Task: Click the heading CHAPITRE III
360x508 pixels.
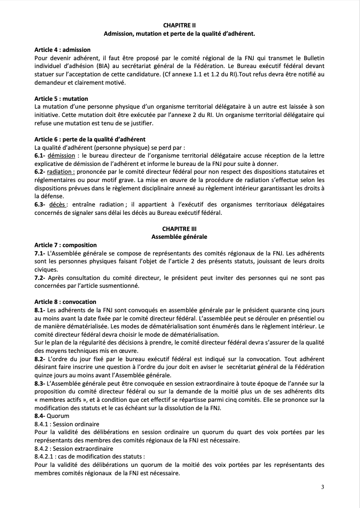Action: tap(180, 229)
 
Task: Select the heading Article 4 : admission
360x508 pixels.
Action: tap(62, 50)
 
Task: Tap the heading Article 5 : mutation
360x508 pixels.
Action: tap(61, 99)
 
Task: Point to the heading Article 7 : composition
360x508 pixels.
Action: tap(66, 245)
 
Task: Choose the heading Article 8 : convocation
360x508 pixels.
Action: tap(65, 301)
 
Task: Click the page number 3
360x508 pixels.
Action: tap(323, 486)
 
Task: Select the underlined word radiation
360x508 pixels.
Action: tap(61, 172)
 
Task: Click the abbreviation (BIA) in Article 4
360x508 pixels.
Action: tap(107, 66)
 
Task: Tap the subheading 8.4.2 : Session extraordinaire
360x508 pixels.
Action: tap(70, 448)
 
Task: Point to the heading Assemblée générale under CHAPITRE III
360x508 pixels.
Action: tap(180, 237)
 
